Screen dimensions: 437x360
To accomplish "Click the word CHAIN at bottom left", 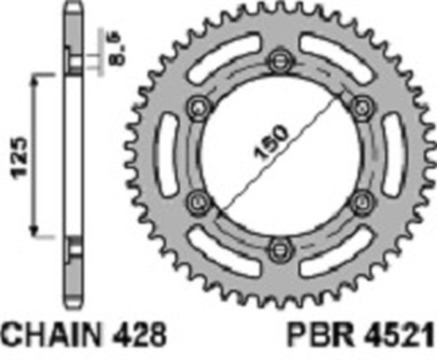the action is [x=51, y=334].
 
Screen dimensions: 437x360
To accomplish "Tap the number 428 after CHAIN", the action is [x=139, y=334].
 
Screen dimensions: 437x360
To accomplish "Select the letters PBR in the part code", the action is [x=319, y=334].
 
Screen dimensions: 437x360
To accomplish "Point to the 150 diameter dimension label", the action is [x=271, y=142].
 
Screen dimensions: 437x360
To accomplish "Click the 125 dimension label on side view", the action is [x=19, y=157].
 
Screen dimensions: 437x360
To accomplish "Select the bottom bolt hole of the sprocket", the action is [x=281, y=250].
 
